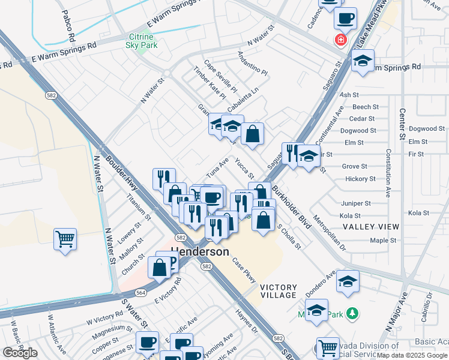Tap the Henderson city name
coord(200,251)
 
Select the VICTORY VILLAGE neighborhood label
coord(279,291)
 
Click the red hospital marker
coord(341,40)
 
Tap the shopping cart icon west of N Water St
coord(65,239)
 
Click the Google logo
coord(20,353)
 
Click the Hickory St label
coord(361,179)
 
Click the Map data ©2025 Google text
coord(412,355)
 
